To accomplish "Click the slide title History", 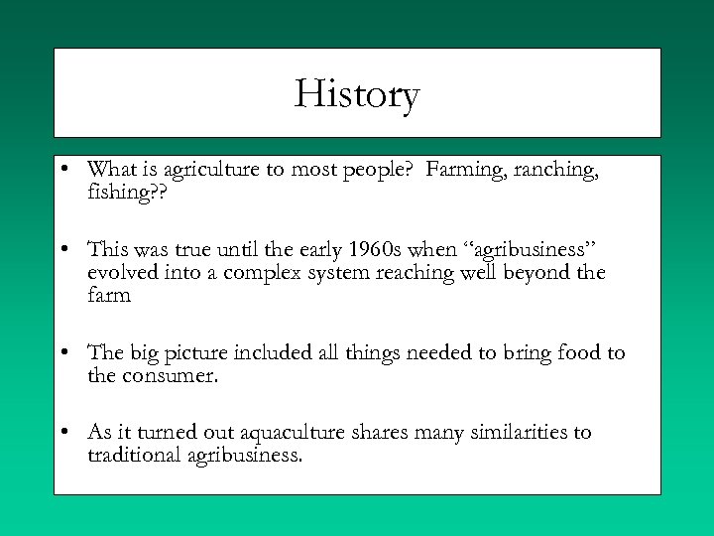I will click(357, 95).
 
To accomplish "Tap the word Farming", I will click(464, 170).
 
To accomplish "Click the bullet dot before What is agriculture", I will click(63, 170).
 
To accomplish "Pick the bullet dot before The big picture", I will click(63, 352).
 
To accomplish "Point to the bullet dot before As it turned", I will click(63, 432).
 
